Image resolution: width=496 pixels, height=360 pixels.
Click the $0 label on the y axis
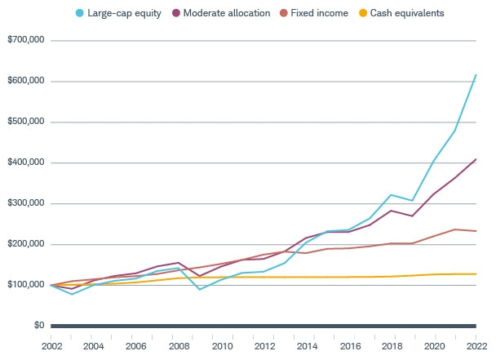38,326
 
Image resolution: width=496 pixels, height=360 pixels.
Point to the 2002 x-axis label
51,345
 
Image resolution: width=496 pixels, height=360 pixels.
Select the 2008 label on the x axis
178,345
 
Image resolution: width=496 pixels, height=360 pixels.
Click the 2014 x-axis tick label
306,345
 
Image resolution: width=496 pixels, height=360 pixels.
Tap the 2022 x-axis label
476,345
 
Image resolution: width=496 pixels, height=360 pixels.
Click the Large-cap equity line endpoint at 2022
476,75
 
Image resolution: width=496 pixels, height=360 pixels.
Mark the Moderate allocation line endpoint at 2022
476,159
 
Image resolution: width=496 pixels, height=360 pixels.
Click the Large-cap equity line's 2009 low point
200,289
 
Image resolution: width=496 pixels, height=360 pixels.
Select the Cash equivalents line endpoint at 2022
476,274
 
